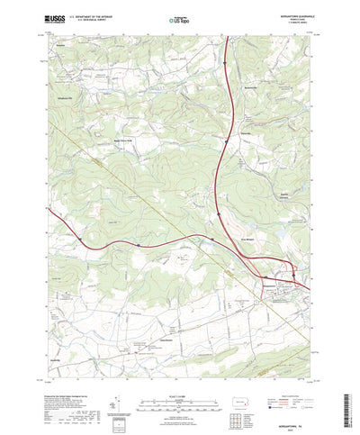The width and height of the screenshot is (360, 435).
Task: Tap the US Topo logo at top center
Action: [174, 18]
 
